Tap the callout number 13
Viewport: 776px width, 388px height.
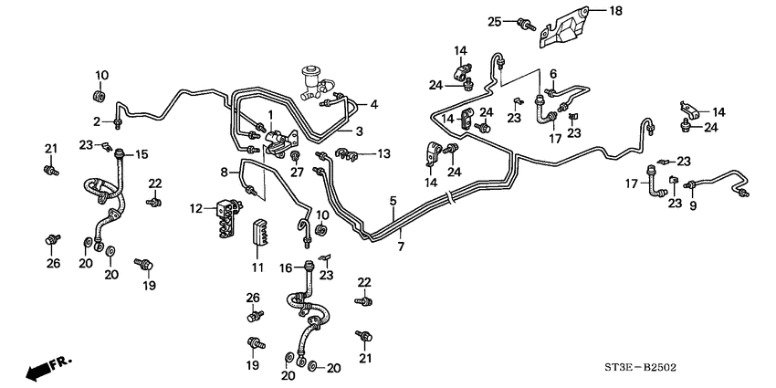[x=383, y=153]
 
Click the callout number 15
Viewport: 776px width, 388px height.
[x=142, y=155]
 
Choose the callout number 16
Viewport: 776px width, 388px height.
[x=283, y=267]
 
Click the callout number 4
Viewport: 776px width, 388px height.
[x=373, y=104]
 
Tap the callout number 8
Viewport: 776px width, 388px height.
[x=224, y=171]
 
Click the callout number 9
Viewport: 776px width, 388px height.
[x=692, y=206]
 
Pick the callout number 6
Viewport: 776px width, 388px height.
[x=552, y=73]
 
